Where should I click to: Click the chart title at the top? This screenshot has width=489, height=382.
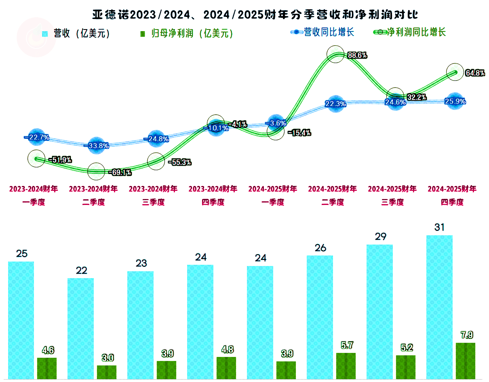(255, 15)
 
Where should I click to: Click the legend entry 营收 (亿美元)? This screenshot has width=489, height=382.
(77, 34)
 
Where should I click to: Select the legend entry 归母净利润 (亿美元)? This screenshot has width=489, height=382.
(186, 34)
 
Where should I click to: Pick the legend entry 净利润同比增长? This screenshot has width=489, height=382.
(411, 32)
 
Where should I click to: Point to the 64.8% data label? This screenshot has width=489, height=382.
(475, 73)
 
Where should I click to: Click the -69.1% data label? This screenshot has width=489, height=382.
(120, 173)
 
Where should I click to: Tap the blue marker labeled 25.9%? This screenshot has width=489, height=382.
(455, 101)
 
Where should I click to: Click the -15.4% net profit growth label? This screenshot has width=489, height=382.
(299, 133)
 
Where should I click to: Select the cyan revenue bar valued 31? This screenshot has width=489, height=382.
(439, 307)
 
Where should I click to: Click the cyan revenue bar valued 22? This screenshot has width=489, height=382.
(80, 328)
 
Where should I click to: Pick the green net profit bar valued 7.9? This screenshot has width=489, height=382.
(465, 361)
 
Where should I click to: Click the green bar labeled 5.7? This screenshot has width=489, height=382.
(346, 366)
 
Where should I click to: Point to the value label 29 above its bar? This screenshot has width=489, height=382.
(380, 236)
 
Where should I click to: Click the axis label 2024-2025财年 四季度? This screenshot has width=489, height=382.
(452, 195)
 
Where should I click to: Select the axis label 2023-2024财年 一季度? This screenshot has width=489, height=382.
(34, 195)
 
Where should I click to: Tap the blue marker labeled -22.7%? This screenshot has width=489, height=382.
(36, 137)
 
